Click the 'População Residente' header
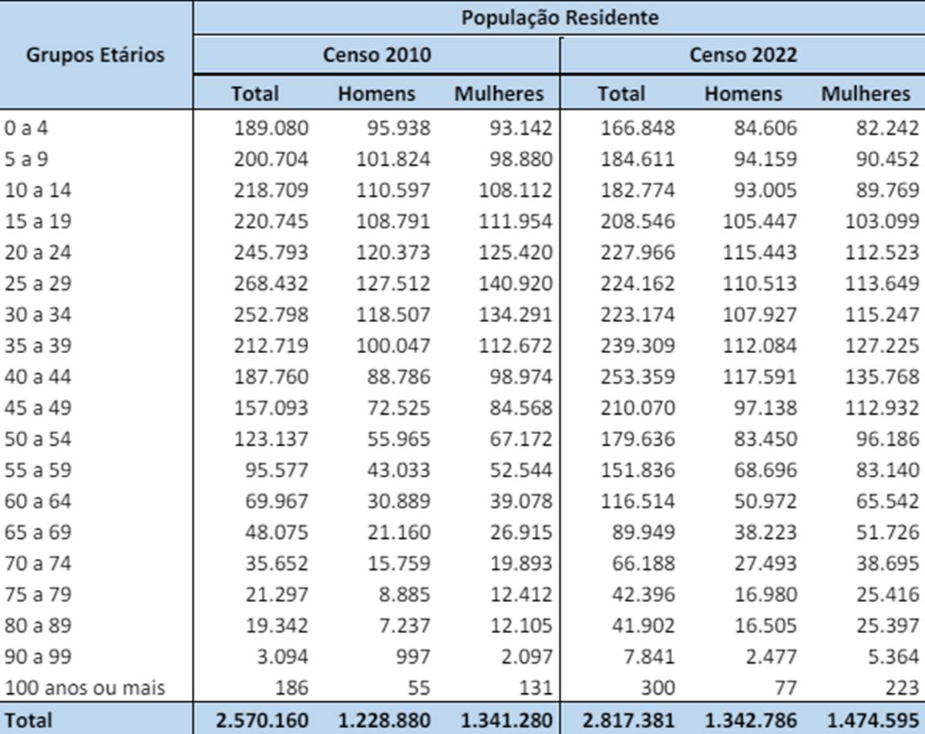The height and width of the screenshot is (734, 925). coord(560,17)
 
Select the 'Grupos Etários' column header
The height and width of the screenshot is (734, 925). coord(96,55)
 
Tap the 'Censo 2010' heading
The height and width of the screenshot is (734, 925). coord(377,55)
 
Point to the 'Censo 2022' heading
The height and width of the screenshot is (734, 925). coord(743,55)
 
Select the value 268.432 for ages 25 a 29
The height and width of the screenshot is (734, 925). coord(271,283)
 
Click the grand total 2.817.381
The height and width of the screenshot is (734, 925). coord(629,720)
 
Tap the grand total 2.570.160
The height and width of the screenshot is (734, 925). coord(263,720)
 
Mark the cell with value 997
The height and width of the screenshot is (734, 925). coord(410,656)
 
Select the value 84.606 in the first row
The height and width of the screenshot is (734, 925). coord(760,127)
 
